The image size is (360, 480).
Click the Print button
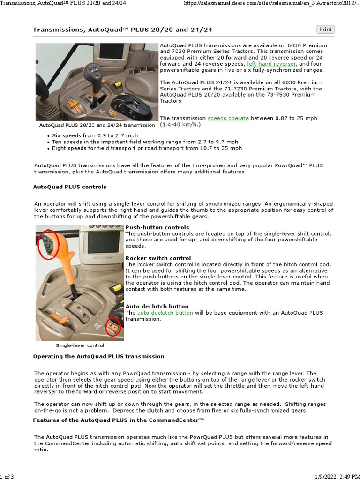(x=325, y=30)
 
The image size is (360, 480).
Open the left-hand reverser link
(x=271, y=63)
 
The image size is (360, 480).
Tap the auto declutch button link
(x=165, y=313)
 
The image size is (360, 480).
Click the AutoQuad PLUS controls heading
(x=70, y=187)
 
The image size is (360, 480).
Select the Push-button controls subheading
(x=157, y=227)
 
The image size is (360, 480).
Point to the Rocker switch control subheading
(x=158, y=258)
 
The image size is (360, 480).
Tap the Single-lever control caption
(x=80, y=345)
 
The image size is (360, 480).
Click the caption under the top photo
(x=97, y=125)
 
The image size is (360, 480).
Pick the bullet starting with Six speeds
(x=85, y=135)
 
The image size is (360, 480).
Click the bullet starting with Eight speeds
(x=147, y=148)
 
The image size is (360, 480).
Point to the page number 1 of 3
(x=7, y=477)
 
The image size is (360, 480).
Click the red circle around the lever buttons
(x=48, y=243)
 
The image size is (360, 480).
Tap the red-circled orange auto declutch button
(x=113, y=327)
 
